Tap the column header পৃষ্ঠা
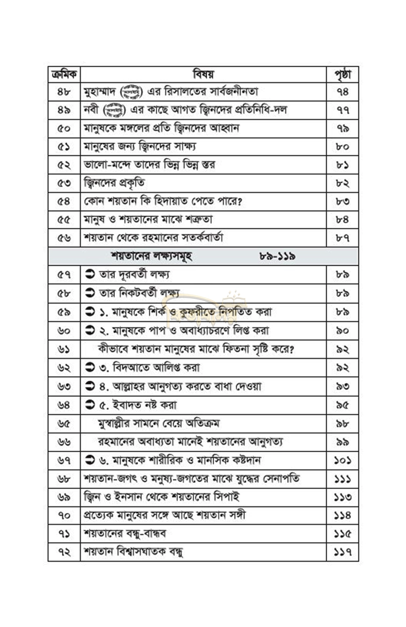[x=343, y=75]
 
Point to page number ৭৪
[x=343, y=92]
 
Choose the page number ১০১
[x=343, y=460]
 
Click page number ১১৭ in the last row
[x=343, y=552]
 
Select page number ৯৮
[x=343, y=423]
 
